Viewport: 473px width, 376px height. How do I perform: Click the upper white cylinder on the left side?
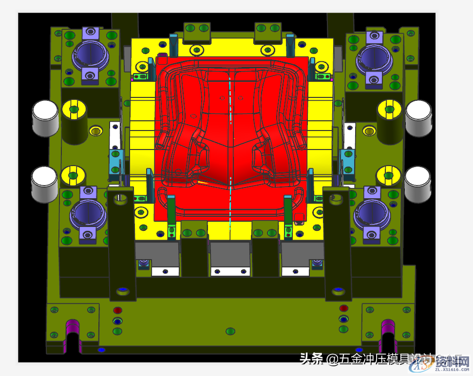(45, 117)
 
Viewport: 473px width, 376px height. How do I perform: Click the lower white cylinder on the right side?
(417, 184)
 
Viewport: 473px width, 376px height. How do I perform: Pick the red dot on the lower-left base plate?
(117, 310)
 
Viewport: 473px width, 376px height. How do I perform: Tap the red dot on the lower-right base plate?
(344, 308)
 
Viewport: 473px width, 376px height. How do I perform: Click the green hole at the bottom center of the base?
(230, 332)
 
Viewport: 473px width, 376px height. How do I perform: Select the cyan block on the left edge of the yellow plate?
(115, 161)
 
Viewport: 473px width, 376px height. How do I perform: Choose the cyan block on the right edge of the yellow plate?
(347, 161)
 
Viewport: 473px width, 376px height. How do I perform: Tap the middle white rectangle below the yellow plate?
(230, 270)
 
